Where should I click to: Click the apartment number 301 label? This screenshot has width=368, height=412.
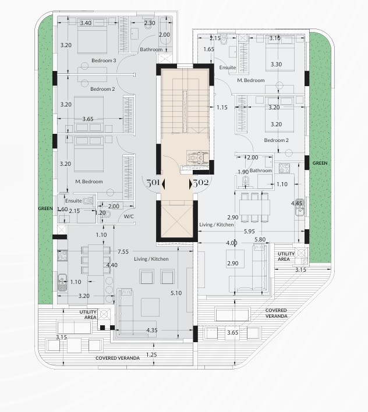click(153, 182)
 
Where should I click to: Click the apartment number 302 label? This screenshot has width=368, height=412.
click(201, 182)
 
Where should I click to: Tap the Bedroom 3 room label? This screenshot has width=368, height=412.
click(104, 61)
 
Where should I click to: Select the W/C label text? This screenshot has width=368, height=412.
click(129, 216)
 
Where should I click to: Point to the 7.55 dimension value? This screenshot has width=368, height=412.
click(123, 252)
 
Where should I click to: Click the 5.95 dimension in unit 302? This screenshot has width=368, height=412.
click(249, 232)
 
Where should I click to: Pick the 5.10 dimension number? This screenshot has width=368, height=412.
click(176, 293)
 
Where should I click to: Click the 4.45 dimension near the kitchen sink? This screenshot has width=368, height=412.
click(296, 203)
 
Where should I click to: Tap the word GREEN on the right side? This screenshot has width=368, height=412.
click(320, 163)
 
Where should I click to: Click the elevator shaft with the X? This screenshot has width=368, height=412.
click(177, 222)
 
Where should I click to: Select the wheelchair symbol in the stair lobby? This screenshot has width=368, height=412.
click(197, 158)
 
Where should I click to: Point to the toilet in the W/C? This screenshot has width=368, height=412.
click(105, 215)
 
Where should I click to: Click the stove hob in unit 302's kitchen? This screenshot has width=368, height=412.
click(284, 168)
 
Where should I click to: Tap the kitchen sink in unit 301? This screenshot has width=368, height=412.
click(62, 283)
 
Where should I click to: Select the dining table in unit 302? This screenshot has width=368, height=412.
click(254, 208)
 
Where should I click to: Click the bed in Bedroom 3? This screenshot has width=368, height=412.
click(92, 35)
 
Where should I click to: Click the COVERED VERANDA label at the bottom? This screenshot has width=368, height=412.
click(118, 358)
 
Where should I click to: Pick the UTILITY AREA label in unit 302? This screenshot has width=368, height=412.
click(286, 257)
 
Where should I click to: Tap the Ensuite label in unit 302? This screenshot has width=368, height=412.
click(228, 68)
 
